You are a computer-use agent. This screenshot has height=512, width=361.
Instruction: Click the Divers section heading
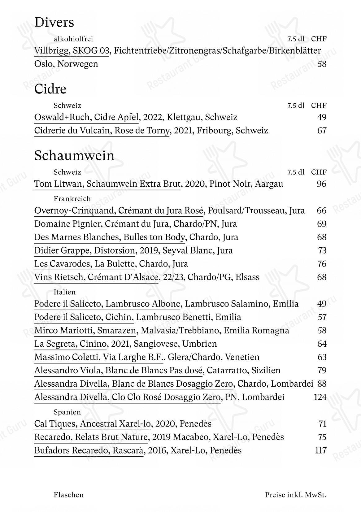tap(54, 23)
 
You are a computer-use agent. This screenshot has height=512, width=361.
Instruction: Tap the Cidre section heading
tap(50, 89)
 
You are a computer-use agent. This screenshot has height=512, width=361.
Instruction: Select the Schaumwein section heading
tap(74, 156)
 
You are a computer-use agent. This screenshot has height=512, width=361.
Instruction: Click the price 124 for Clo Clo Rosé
tap(320, 397)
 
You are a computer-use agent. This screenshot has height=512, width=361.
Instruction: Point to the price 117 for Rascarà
tap(321, 450)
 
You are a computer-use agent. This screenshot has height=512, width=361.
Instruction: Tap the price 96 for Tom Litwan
tap(322, 184)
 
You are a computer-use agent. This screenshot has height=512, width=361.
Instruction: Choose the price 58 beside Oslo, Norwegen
tap(322, 64)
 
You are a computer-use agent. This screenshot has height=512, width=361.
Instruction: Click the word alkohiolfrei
tap(73, 39)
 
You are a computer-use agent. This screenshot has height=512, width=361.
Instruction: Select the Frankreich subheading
tap(72, 199)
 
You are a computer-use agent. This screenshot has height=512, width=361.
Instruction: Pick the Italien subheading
tap(64, 292)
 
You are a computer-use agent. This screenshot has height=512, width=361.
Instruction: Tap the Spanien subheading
tap(67, 412)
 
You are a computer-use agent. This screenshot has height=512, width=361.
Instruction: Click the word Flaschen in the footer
tap(68, 495)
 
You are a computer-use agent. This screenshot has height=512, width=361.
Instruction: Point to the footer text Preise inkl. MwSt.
tap(296, 495)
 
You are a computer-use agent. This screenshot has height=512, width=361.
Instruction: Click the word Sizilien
tap(266, 371)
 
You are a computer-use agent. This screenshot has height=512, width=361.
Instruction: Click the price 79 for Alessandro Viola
tap(322, 371)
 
